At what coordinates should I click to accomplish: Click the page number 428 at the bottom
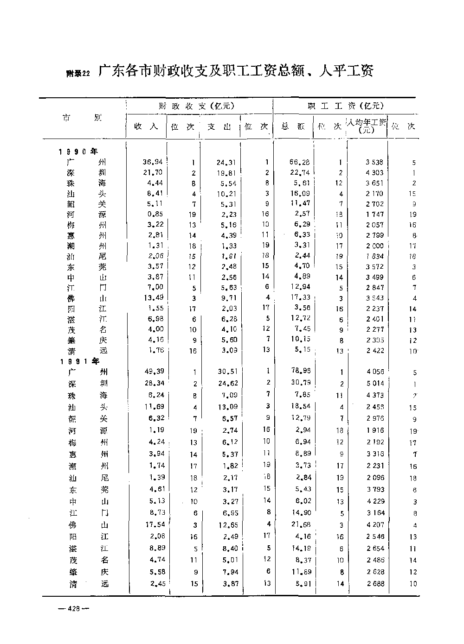pyautogui.click(x=74, y=609)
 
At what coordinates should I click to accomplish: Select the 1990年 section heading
pyautogui.click(x=78, y=152)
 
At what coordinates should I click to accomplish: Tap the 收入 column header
pyautogui.click(x=146, y=126)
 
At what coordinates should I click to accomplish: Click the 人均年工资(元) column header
pyautogui.click(x=367, y=126)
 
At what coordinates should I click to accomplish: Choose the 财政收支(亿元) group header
pyautogui.click(x=199, y=106)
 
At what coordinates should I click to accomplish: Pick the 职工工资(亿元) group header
pyautogui.click(x=346, y=106)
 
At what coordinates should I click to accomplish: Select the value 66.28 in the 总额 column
pyautogui.click(x=299, y=162)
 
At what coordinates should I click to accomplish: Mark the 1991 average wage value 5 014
pyautogui.click(x=374, y=384)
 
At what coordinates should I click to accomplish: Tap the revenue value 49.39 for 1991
pyautogui.click(x=154, y=371)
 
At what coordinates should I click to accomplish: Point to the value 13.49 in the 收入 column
pyautogui.click(x=154, y=297)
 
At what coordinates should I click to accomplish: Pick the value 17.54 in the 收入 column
pyautogui.click(x=154, y=524)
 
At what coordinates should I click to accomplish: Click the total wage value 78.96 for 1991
pyautogui.click(x=300, y=371)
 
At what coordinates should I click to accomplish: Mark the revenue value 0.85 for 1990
pyautogui.click(x=155, y=214)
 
